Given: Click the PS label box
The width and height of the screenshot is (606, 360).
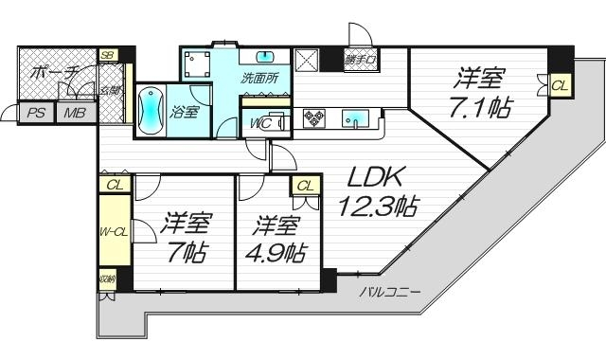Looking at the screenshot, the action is tap(36, 114).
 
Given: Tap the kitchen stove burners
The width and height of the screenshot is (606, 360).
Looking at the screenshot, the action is tap(314, 118).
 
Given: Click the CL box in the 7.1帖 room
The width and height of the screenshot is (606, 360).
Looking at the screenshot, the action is tap(559, 85).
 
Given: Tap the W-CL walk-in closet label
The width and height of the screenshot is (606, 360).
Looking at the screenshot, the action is tap(114, 231).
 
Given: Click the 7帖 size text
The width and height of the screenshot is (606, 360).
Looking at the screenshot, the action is tap(183, 253).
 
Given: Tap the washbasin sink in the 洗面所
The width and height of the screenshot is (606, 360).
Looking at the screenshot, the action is tap(264, 55).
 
